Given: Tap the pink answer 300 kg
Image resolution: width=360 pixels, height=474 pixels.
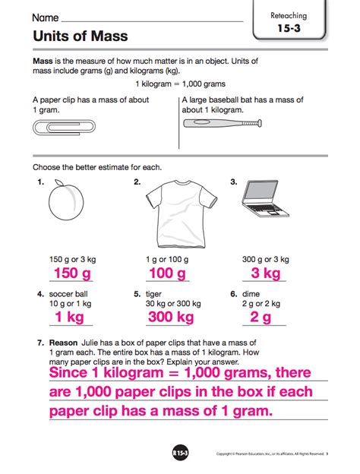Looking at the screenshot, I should (170, 316).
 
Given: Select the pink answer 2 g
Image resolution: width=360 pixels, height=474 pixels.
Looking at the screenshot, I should (261, 316).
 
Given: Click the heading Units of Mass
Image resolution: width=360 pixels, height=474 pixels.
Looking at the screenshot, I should (80, 36).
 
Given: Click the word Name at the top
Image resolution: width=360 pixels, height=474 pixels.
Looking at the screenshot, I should (45, 16).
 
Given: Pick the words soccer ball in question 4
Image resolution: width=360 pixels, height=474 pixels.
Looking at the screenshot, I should (71, 293).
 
